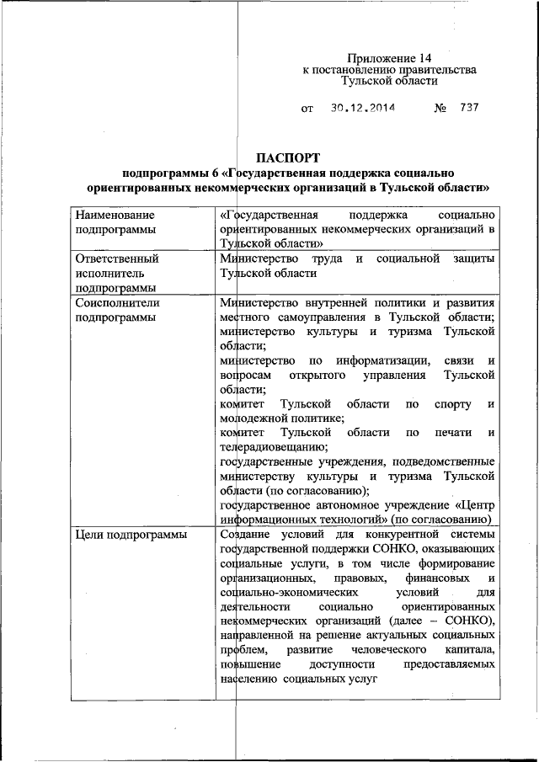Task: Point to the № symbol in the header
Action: click(x=440, y=109)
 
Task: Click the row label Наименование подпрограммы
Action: click(x=115, y=222)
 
